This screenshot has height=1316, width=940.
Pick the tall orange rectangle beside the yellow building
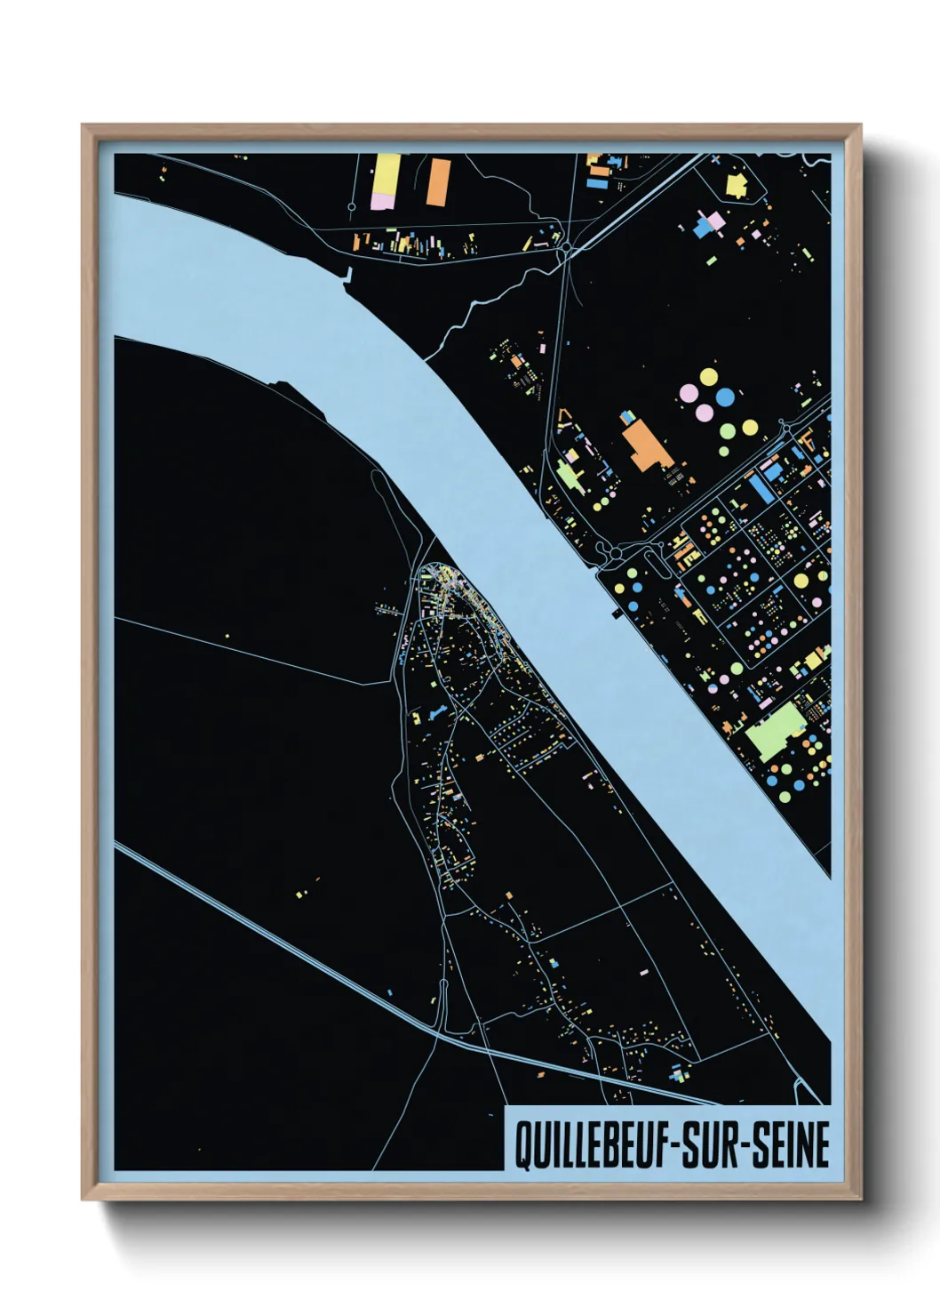pyautogui.click(x=437, y=181)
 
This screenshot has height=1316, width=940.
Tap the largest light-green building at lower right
pyautogui.click(x=772, y=732)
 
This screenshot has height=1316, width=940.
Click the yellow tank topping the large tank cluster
pyautogui.click(x=708, y=377)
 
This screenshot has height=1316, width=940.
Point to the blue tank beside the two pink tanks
pyautogui.click(x=726, y=397)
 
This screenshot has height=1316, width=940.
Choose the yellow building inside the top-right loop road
pyautogui.click(x=736, y=185)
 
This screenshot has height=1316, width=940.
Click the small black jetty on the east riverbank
pyautogui.click(x=615, y=612)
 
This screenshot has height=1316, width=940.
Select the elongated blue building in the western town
pyautogui.click(x=435, y=714)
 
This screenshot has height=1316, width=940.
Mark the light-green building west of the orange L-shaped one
pyautogui.click(x=569, y=475)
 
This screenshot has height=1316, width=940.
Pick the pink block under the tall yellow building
pyautogui.click(x=382, y=201)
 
